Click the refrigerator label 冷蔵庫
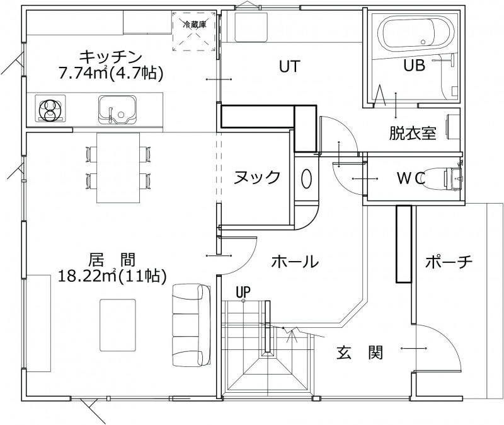[x=195, y=25]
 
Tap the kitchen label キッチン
[x=111, y=57]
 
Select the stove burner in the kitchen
[x=50, y=108]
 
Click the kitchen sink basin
[x=117, y=109]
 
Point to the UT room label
[x=290, y=67]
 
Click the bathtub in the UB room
[x=416, y=33]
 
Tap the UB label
[x=415, y=66]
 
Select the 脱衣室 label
[x=413, y=133]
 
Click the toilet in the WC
[x=444, y=179]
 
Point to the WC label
[x=411, y=178]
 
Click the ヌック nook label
[x=257, y=177]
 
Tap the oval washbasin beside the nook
[x=306, y=179]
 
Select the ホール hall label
[x=295, y=262]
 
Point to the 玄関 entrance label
[x=360, y=352]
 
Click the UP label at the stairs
[x=243, y=292]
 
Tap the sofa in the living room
[x=192, y=325]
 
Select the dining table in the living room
[x=118, y=168]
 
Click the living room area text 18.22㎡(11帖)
[x=112, y=276]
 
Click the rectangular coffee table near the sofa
[x=118, y=325]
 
